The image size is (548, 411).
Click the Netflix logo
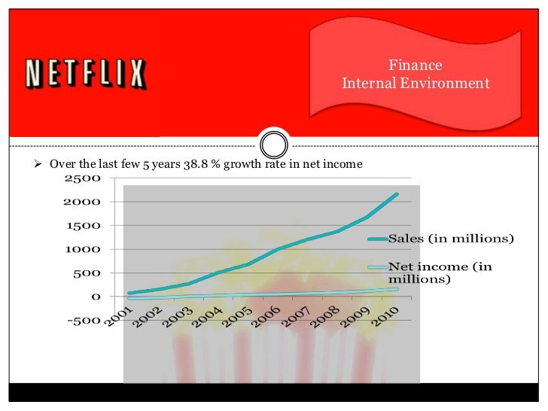[85, 74]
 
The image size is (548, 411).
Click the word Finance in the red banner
[415, 65]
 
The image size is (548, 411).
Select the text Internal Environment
[415, 83]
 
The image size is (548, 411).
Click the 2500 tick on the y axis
[82, 178]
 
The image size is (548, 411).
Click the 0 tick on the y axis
[96, 297]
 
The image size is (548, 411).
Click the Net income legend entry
[440, 272]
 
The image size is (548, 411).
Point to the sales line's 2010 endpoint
[397, 194]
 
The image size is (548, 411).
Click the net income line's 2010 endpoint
[397, 289]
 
